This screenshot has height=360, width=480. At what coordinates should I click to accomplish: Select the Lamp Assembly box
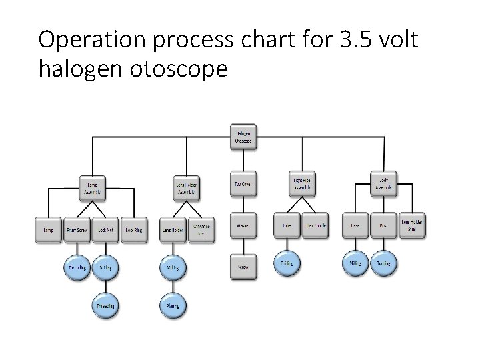click(x=92, y=187)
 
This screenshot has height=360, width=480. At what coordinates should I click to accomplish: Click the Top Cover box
click(x=243, y=183)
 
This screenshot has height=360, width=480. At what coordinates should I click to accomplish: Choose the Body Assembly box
click(x=384, y=183)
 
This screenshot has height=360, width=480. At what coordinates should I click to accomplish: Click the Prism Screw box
click(x=77, y=230)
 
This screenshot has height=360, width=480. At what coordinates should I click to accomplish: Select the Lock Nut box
click(x=105, y=230)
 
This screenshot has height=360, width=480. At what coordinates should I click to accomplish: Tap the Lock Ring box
click(x=133, y=230)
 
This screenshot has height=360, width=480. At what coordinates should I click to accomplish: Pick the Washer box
click(x=243, y=225)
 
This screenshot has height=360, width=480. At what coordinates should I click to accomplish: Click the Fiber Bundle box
click(x=315, y=225)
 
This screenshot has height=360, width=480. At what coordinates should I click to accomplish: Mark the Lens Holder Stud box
click(x=412, y=226)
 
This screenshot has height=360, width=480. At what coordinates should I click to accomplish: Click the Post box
click(x=383, y=225)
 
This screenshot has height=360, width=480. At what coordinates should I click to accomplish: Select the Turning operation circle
click(x=383, y=263)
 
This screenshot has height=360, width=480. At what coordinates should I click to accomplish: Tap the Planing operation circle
click(x=172, y=306)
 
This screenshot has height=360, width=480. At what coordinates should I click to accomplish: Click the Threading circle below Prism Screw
click(x=77, y=268)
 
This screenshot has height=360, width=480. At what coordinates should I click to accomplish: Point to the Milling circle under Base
click(x=355, y=263)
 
